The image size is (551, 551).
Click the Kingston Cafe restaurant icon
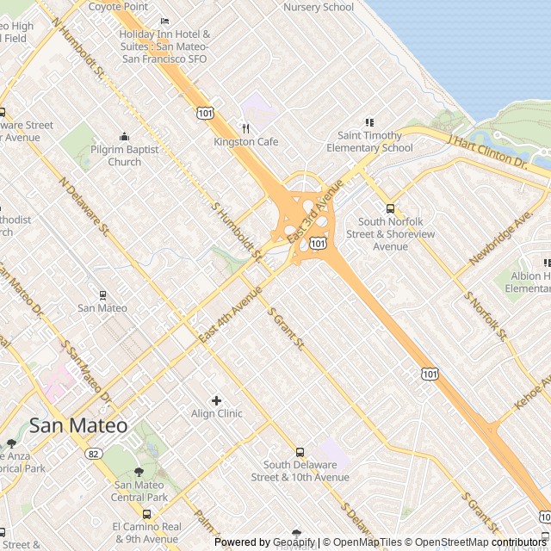pos(246,128)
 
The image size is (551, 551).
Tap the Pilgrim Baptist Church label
pos(125,155)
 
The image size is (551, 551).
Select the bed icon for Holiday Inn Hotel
pos(164,21)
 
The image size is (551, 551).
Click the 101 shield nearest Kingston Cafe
pos(205,113)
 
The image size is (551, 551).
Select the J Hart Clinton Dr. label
pos(487,150)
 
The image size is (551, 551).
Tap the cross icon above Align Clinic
pos(216,400)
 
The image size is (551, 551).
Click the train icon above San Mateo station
pos(102,294)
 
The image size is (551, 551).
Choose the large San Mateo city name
pos(78,425)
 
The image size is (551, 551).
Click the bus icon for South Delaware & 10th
pos(300,452)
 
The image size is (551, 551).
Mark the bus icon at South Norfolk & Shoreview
pos(390,208)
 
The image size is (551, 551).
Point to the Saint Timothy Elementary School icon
pos(369,122)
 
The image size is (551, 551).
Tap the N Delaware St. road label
pos(85,207)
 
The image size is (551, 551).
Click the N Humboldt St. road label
pos(78,48)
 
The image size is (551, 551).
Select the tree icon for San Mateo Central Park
pos(139,472)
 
